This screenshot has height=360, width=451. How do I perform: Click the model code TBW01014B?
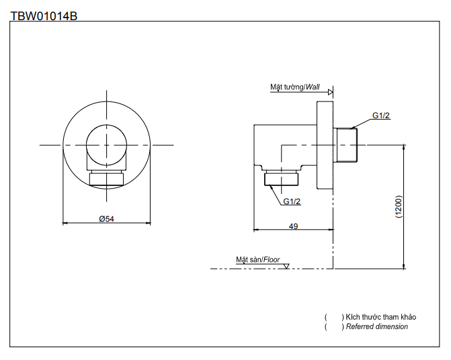[44, 15]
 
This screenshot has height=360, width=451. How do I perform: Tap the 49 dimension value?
[293, 226]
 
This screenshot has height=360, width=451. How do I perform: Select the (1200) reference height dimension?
[397, 207]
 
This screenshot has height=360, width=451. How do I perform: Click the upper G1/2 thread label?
[381, 116]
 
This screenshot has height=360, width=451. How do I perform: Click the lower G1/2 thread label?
[292, 201]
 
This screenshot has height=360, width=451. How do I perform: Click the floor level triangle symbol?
[287, 266]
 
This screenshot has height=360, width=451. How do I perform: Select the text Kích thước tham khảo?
[378, 316]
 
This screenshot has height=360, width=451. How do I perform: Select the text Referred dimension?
[376, 326]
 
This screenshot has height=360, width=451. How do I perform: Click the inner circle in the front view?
[106, 144]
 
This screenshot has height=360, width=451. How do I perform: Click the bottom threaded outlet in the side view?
[282, 179]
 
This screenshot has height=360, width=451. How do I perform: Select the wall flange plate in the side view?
[325, 145]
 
